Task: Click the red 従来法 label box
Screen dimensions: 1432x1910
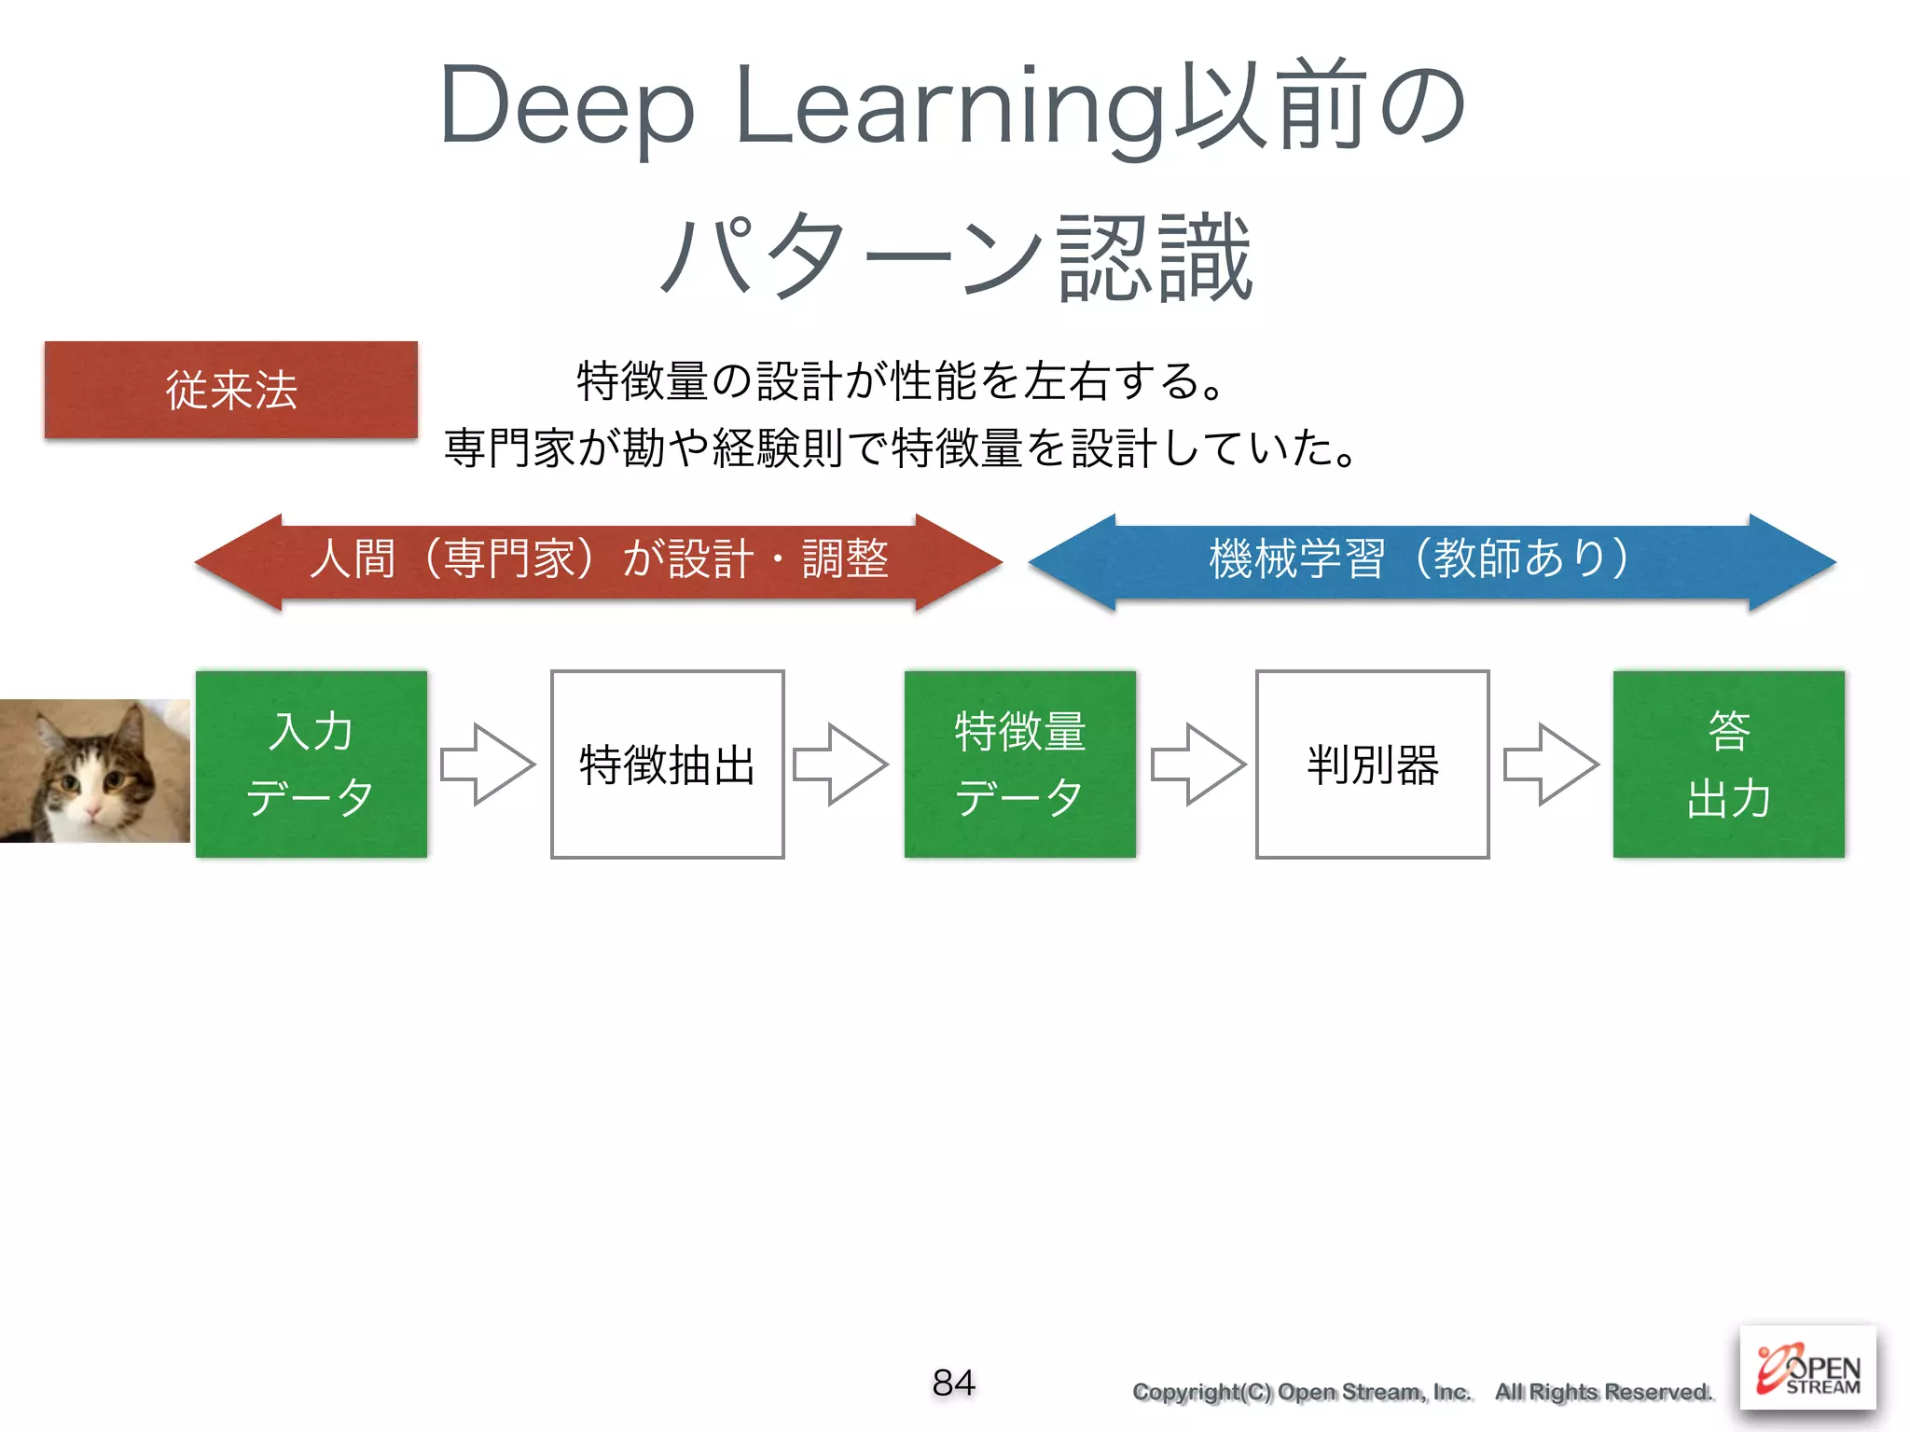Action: coord(230,390)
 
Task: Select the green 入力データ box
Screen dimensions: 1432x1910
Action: coord(311,764)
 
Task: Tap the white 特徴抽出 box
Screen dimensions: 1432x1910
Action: coord(667,764)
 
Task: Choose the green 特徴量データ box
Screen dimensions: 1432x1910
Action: coord(1019,764)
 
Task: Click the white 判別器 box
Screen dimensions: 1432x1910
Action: coord(1372,764)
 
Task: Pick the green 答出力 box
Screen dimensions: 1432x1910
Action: coord(1728,764)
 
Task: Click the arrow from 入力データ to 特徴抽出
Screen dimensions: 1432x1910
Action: coord(488,764)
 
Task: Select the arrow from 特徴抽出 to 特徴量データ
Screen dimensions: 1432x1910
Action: coord(840,764)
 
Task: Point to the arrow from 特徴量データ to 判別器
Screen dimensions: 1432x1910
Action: coord(1198,764)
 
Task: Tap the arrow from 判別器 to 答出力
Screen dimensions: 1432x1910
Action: coord(1551,764)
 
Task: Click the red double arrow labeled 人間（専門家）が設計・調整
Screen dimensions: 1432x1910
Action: coord(599,561)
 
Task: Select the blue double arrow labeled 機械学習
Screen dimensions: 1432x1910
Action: coord(1432,561)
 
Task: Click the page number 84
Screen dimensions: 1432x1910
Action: coord(953,1383)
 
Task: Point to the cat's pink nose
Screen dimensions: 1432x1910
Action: coord(92,814)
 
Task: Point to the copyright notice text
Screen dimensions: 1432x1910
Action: coord(1422,1392)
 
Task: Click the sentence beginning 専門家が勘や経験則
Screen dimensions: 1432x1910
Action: coord(900,447)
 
